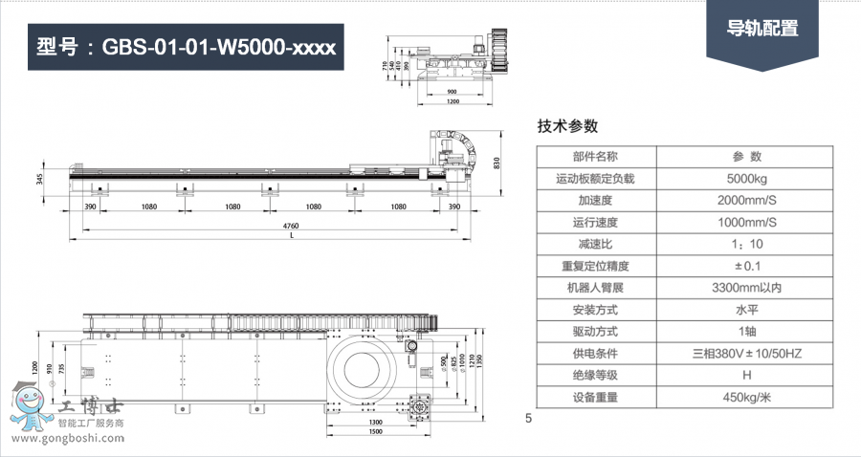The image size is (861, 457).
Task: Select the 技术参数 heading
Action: [567, 126]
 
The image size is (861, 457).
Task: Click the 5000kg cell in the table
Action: [746, 179]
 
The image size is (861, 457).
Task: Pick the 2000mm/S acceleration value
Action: [746, 201]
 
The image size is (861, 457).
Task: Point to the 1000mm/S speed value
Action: [746, 223]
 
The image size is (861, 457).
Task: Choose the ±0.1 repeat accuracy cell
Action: [746, 266]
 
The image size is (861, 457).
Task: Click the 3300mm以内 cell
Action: [746, 288]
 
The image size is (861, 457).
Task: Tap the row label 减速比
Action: [594, 245]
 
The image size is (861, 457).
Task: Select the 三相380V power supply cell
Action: [746, 354]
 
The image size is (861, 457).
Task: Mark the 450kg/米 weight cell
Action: [746, 398]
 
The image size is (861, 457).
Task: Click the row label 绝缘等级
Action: [594, 376]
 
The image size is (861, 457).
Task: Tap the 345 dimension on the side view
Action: [41, 179]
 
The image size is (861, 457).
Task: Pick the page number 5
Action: [528, 418]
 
